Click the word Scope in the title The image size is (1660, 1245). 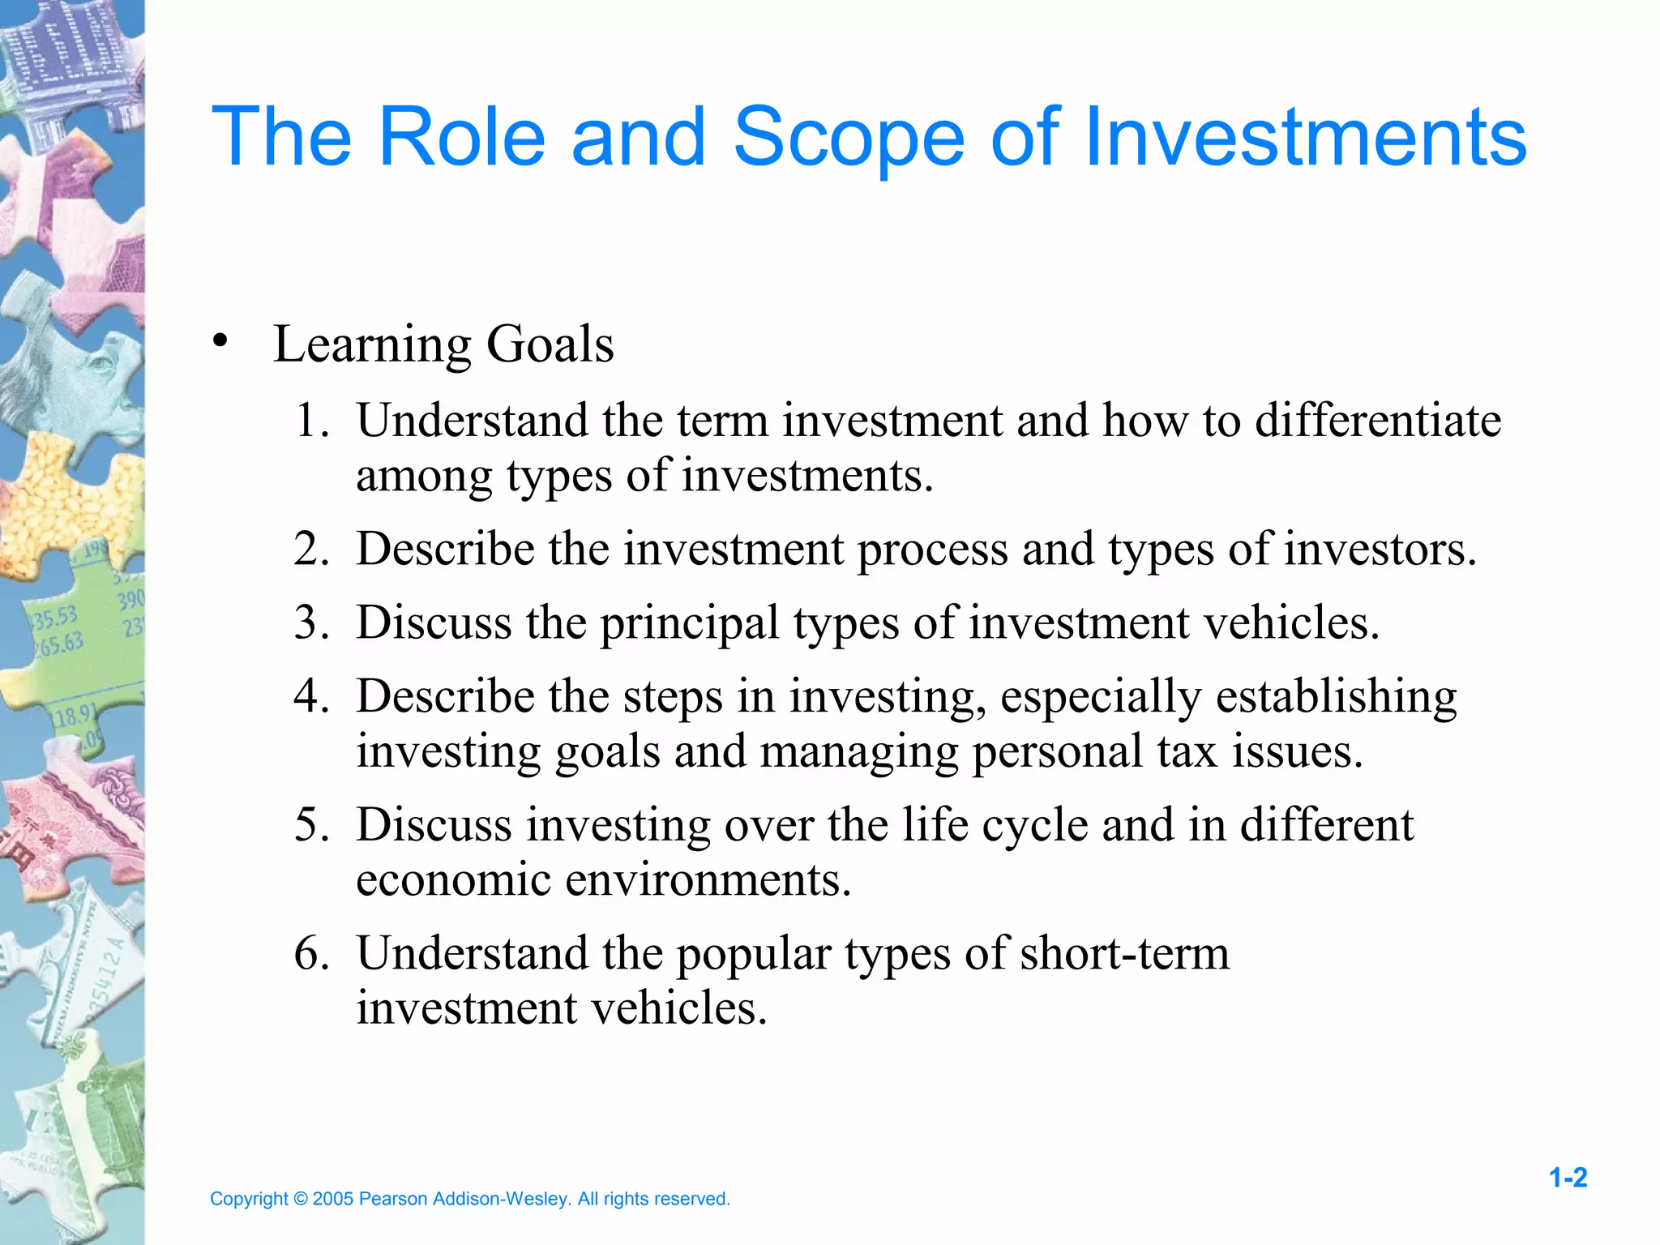(849, 138)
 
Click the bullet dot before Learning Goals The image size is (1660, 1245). (219, 340)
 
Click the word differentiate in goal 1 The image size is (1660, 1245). (1378, 421)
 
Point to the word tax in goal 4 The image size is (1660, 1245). (1187, 751)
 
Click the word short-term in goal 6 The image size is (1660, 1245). (1124, 953)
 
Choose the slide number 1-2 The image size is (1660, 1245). (1568, 1178)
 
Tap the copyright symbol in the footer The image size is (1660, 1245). (300, 1199)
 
